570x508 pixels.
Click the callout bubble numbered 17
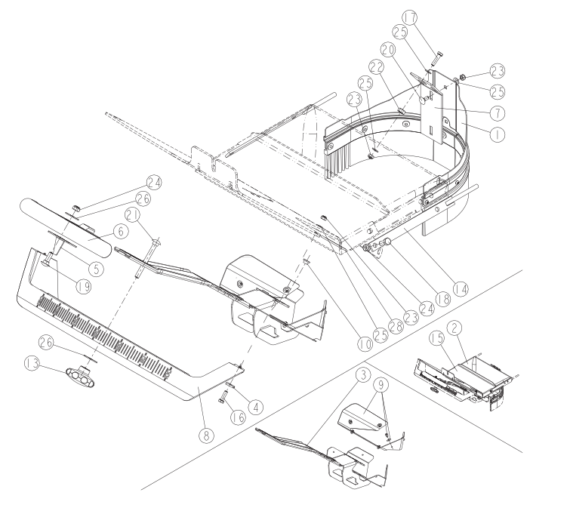tap(410, 18)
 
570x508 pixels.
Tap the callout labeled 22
tap(377, 68)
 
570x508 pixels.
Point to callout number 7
tap(498, 113)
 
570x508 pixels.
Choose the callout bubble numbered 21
tap(132, 216)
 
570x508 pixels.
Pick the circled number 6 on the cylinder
tap(121, 232)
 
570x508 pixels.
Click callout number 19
tap(84, 287)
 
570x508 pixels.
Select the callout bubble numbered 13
tap(32, 364)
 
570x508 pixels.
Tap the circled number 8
tap(206, 435)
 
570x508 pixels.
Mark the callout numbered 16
tap(239, 417)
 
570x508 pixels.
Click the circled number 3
tap(365, 374)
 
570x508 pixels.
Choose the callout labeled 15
tap(437, 338)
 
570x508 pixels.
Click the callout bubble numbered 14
tap(461, 289)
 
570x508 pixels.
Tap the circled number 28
tap(396, 326)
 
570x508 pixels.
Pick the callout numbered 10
tap(365, 343)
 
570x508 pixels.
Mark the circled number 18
tap(442, 299)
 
